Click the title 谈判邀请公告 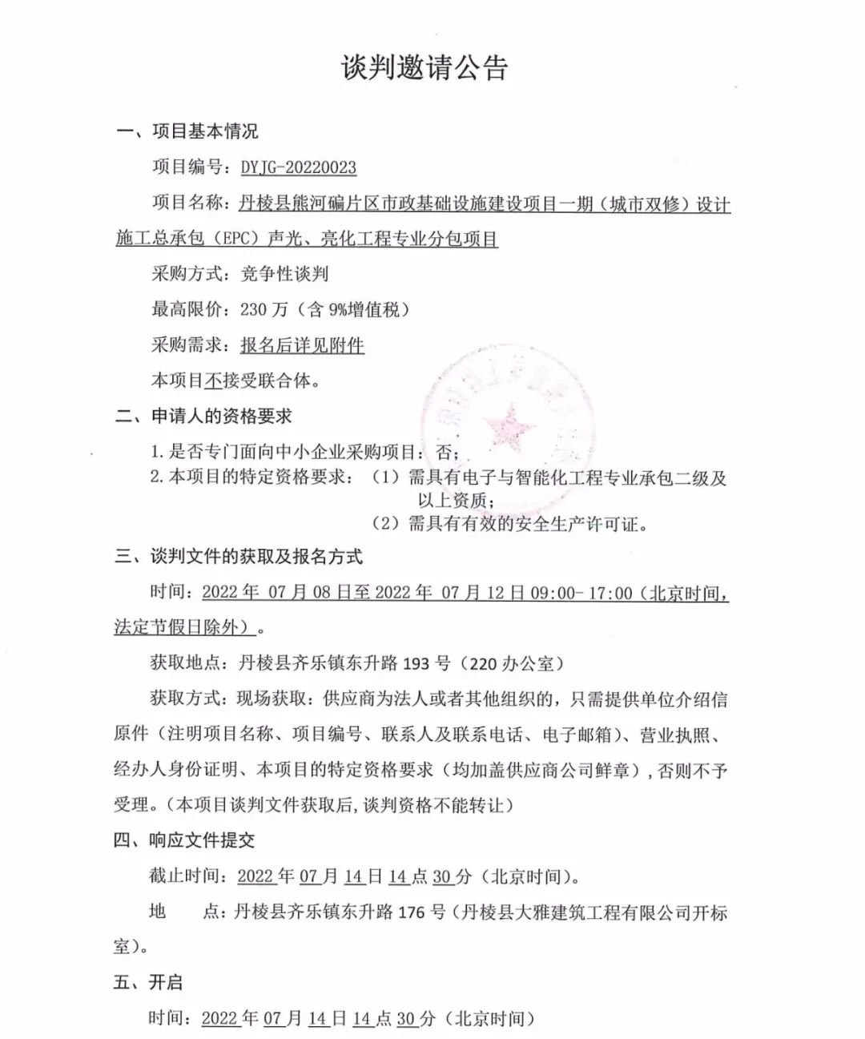pyautogui.click(x=424, y=68)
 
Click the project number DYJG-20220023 pyautogui.click(x=298, y=167)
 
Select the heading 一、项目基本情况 pyautogui.click(x=187, y=131)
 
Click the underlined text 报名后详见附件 pyautogui.click(x=302, y=345)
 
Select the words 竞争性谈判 pyautogui.click(x=284, y=274)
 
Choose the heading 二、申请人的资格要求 pyautogui.click(x=203, y=417)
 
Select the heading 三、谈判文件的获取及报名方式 pyautogui.click(x=238, y=557)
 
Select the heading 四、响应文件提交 pyautogui.click(x=185, y=840)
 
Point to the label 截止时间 pyautogui.click(x=183, y=876)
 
